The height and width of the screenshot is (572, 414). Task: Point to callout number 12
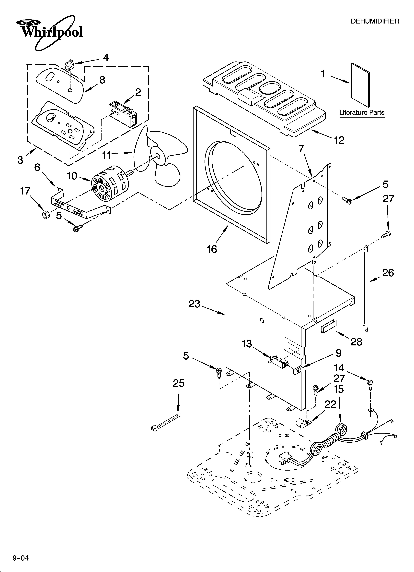pyautogui.click(x=339, y=140)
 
